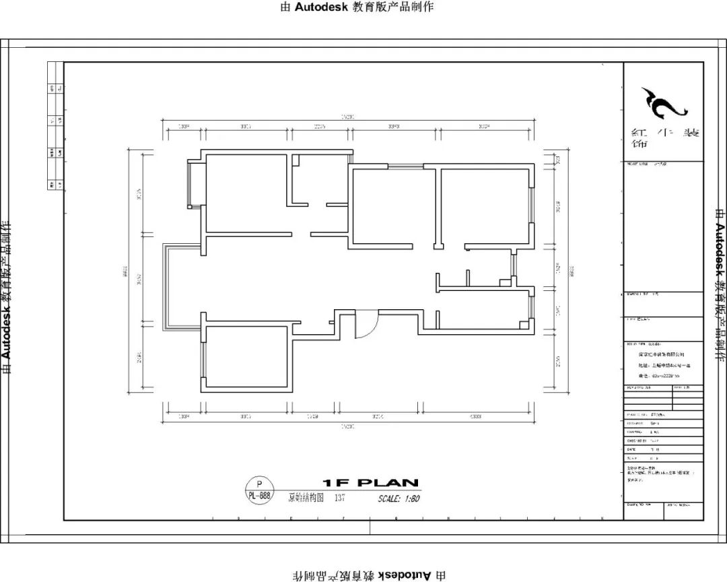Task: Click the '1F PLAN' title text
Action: (371, 483)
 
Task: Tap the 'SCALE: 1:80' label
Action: (399, 499)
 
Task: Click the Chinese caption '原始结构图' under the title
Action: (306, 498)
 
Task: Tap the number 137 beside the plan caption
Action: (340, 498)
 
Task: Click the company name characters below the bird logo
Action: (663, 138)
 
